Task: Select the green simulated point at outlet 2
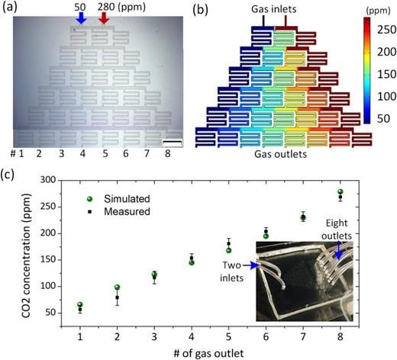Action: [x=117, y=288]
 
